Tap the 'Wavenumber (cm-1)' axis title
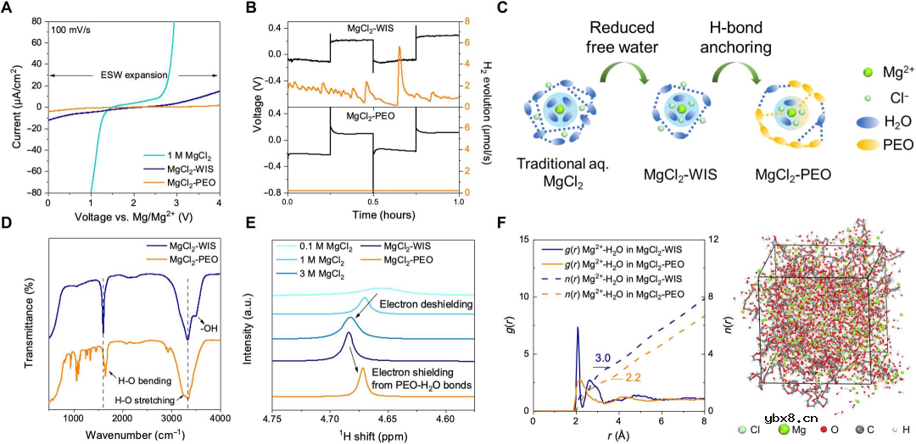134,433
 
